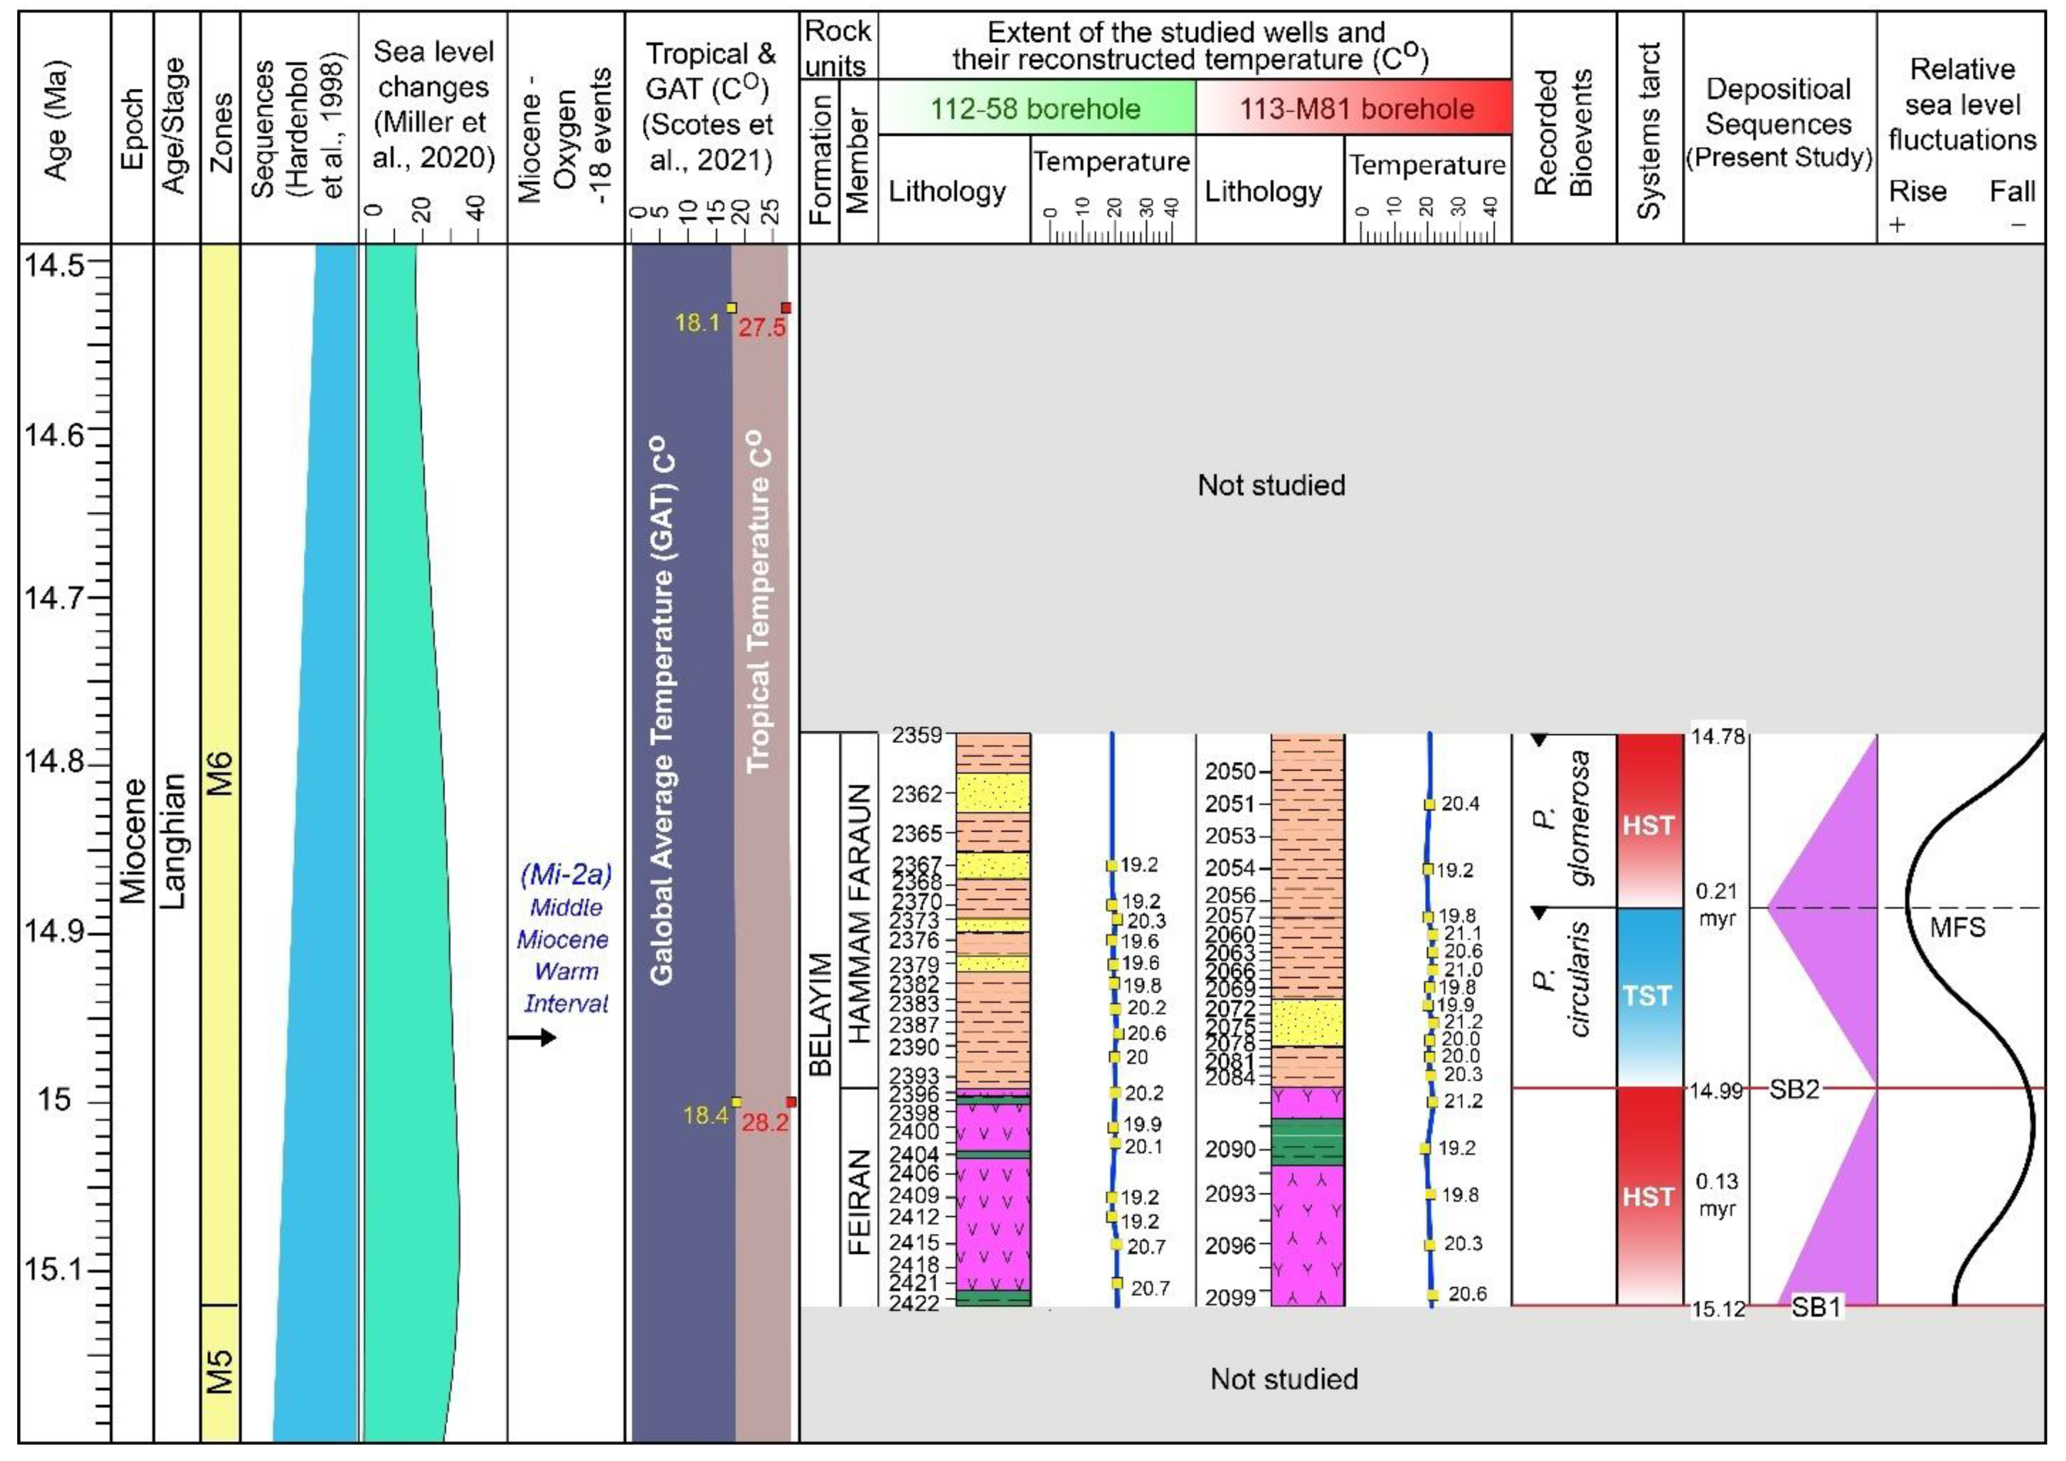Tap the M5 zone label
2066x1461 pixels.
coord(221,1371)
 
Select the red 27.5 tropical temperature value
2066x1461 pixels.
coord(762,328)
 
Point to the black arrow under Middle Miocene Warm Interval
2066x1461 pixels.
coord(532,1038)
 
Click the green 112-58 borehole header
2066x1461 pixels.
coord(1035,109)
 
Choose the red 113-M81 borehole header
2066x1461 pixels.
coord(1356,109)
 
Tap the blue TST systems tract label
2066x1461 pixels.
coord(1647,996)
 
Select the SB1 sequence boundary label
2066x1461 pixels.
coord(1816,1307)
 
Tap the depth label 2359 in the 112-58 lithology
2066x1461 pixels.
coord(917,735)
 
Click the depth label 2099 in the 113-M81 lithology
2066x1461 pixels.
coord(1230,1297)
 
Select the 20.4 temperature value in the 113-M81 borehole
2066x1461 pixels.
coord(1460,804)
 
